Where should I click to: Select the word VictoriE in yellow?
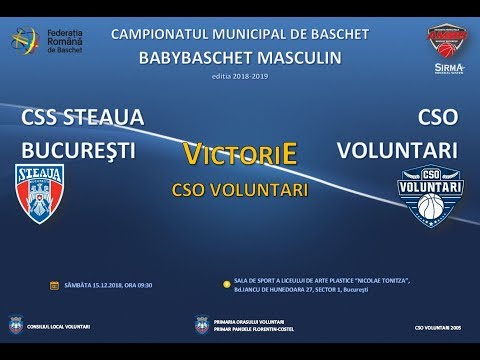pyautogui.click(x=239, y=155)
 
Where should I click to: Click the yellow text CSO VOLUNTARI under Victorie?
pyautogui.click(x=240, y=187)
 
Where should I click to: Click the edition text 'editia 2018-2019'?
pyautogui.click(x=240, y=75)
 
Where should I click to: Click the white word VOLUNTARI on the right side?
pyautogui.click(x=399, y=151)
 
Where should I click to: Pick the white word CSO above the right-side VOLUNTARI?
pyautogui.click(x=436, y=118)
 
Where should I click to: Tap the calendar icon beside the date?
pyautogui.click(x=54, y=285)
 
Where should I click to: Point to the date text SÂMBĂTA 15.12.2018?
pyautogui.click(x=100, y=285)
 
